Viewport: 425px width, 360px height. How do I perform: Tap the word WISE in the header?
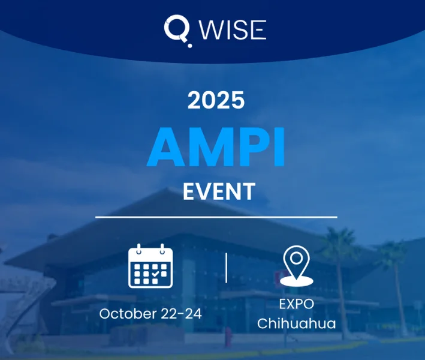(x=233, y=29)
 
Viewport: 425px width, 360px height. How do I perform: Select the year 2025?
(x=216, y=100)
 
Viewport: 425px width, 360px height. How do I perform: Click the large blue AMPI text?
(x=216, y=147)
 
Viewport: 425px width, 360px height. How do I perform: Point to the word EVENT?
(x=219, y=191)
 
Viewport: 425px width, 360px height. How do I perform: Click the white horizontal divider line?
(x=216, y=217)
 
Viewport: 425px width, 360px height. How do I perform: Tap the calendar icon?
(x=150, y=266)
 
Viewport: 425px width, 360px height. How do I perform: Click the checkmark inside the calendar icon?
(x=155, y=274)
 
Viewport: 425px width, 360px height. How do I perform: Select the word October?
(x=128, y=314)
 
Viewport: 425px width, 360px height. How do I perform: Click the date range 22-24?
(x=182, y=314)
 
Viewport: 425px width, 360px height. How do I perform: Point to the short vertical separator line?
(x=227, y=268)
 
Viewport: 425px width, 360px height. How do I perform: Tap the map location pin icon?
(x=297, y=266)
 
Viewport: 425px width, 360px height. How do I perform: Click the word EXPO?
(x=297, y=304)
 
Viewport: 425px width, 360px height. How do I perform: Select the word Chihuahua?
(x=297, y=323)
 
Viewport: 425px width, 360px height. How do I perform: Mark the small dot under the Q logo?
(x=190, y=46)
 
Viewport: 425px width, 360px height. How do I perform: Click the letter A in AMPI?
(x=166, y=147)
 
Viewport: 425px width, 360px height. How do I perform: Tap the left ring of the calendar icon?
(x=139, y=249)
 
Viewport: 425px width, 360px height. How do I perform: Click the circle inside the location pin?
(x=297, y=258)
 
